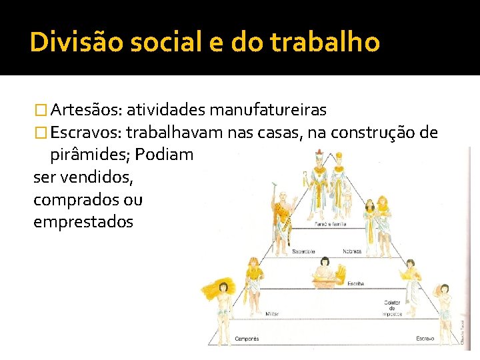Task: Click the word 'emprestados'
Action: click(x=83, y=221)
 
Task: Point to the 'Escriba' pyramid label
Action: click(x=355, y=283)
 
